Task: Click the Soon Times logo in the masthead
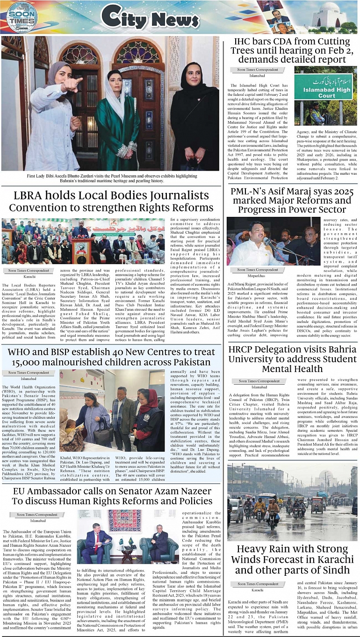[x=22, y=17]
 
